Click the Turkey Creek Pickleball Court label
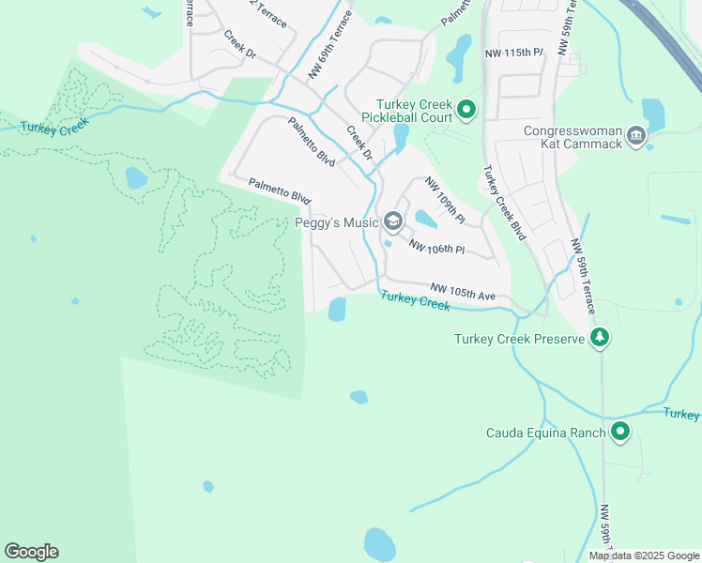tap(414, 111)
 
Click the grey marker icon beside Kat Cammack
tap(636, 137)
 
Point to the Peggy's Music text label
tap(336, 222)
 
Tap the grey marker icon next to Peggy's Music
tap(393, 222)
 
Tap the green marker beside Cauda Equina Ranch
tap(619, 432)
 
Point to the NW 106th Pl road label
tap(436, 247)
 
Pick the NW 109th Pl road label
tap(444, 200)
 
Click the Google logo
tap(31, 551)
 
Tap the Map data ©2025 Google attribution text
tap(644, 555)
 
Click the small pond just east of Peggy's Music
tap(425, 220)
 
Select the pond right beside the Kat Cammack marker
tap(653, 115)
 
